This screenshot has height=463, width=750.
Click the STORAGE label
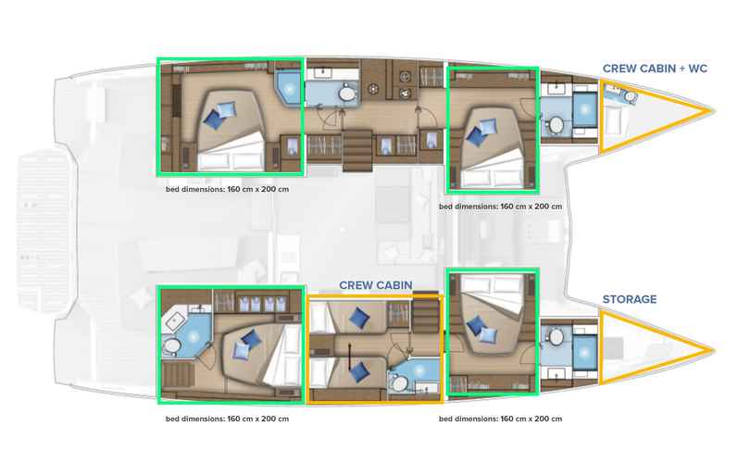630,299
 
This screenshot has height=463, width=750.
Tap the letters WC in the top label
697,69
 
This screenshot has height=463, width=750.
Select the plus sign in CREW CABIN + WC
681,69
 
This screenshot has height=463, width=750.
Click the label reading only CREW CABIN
376,285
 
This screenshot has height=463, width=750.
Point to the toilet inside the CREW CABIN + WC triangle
631,97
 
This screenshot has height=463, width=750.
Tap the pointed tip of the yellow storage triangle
712,351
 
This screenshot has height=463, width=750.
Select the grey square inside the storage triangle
614,348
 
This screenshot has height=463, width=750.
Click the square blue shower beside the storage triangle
584,352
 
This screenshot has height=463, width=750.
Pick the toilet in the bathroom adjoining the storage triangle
556,337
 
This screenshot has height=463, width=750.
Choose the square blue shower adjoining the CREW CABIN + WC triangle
584,109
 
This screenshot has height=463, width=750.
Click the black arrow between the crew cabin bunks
350,357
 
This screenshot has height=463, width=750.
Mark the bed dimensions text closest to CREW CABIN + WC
500,206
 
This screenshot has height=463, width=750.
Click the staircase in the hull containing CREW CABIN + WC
357,151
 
